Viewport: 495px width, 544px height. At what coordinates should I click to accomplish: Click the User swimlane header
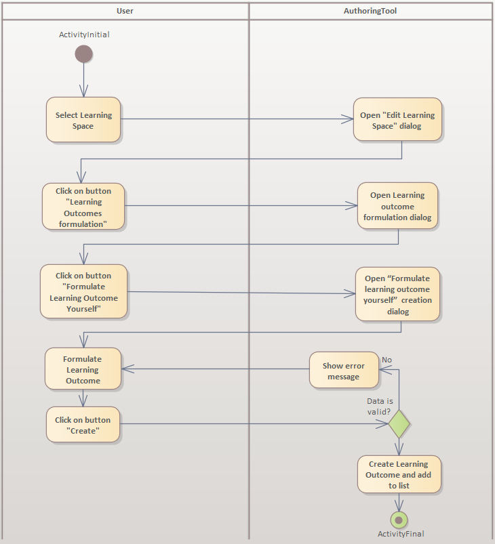[125, 11]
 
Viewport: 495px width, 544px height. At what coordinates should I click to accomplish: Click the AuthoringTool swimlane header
[370, 11]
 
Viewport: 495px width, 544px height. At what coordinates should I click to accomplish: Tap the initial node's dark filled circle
[83, 54]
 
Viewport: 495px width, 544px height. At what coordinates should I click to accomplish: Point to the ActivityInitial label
[84, 35]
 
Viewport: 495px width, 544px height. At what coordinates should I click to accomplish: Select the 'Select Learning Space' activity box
[83, 120]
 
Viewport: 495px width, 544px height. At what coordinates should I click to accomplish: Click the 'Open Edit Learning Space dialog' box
[397, 120]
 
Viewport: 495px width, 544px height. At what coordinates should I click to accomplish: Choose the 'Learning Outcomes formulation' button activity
[83, 207]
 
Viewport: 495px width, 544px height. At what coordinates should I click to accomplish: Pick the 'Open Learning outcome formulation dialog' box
[397, 206]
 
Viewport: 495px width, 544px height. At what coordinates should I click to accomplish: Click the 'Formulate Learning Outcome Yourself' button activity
[83, 292]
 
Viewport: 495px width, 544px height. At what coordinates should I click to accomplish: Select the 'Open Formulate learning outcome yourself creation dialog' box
[397, 295]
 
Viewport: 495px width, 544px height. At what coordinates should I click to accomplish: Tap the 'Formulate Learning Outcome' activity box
[83, 369]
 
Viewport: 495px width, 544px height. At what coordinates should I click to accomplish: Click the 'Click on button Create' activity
[83, 425]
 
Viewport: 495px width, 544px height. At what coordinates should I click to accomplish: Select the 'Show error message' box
[344, 370]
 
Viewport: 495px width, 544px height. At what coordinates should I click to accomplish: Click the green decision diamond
[399, 424]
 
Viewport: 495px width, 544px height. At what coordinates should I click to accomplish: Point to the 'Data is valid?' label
[380, 406]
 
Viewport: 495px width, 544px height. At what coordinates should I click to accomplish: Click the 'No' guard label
[387, 360]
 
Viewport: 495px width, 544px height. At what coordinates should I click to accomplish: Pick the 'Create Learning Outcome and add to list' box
[399, 474]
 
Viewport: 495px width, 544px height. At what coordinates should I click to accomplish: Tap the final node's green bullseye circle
[399, 520]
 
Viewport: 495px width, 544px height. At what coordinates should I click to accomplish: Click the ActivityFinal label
[401, 534]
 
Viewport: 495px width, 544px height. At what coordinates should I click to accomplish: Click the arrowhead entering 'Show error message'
[384, 369]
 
